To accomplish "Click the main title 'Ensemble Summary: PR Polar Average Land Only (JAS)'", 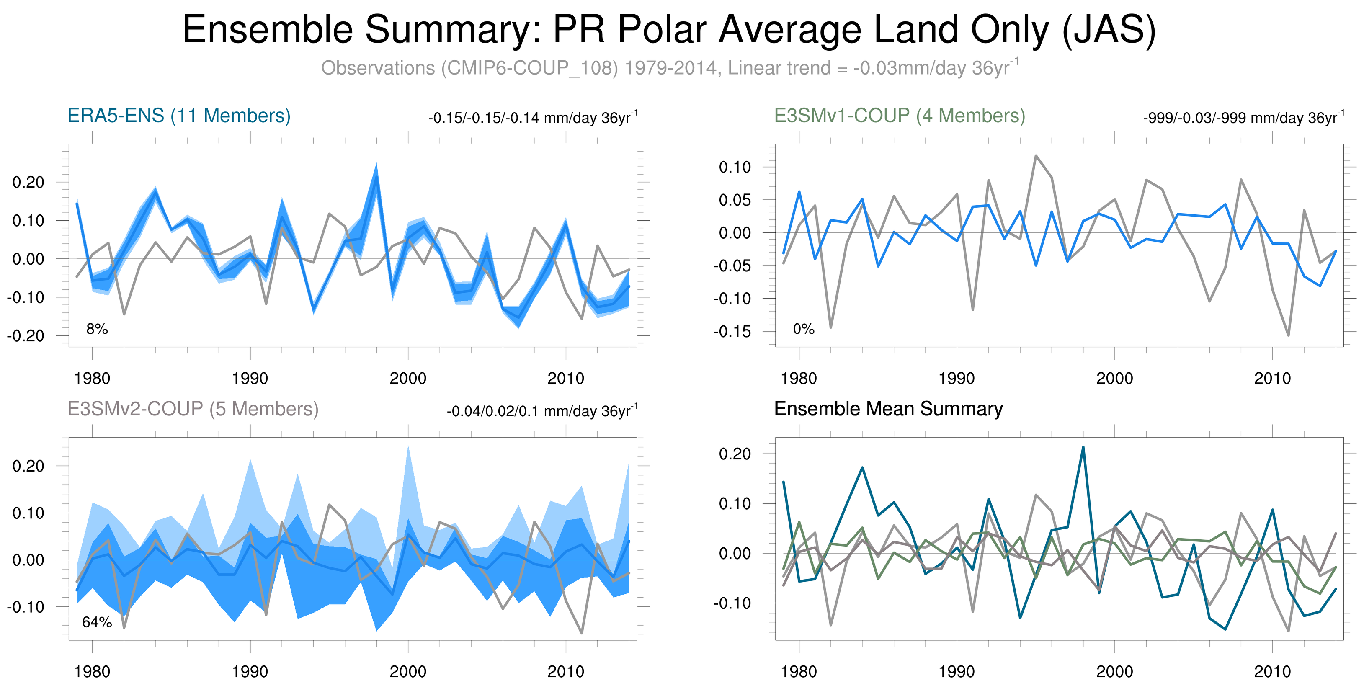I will tap(669, 30).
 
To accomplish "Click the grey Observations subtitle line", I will tap(669, 68).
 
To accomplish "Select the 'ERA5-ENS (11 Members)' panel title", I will tap(179, 116).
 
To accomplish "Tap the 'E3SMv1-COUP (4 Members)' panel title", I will tap(899, 116).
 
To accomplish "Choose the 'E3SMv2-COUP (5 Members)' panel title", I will tap(193, 409).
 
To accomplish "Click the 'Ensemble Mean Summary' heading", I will tap(888, 409).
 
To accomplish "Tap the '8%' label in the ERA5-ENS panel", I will tap(97, 329).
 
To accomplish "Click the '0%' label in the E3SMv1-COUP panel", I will tap(803, 329).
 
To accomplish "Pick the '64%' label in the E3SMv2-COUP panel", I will tap(97, 622).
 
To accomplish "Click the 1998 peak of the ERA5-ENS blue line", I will tap(376, 174).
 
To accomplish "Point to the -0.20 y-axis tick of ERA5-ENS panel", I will tap(26, 336).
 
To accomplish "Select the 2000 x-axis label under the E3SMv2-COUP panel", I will tap(408, 671).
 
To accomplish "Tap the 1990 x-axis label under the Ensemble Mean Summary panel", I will tap(956, 671).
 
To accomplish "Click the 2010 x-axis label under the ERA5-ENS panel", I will tap(565, 378).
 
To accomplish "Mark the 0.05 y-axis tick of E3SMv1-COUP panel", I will tap(735, 200).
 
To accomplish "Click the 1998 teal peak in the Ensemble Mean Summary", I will tap(1083, 447).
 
